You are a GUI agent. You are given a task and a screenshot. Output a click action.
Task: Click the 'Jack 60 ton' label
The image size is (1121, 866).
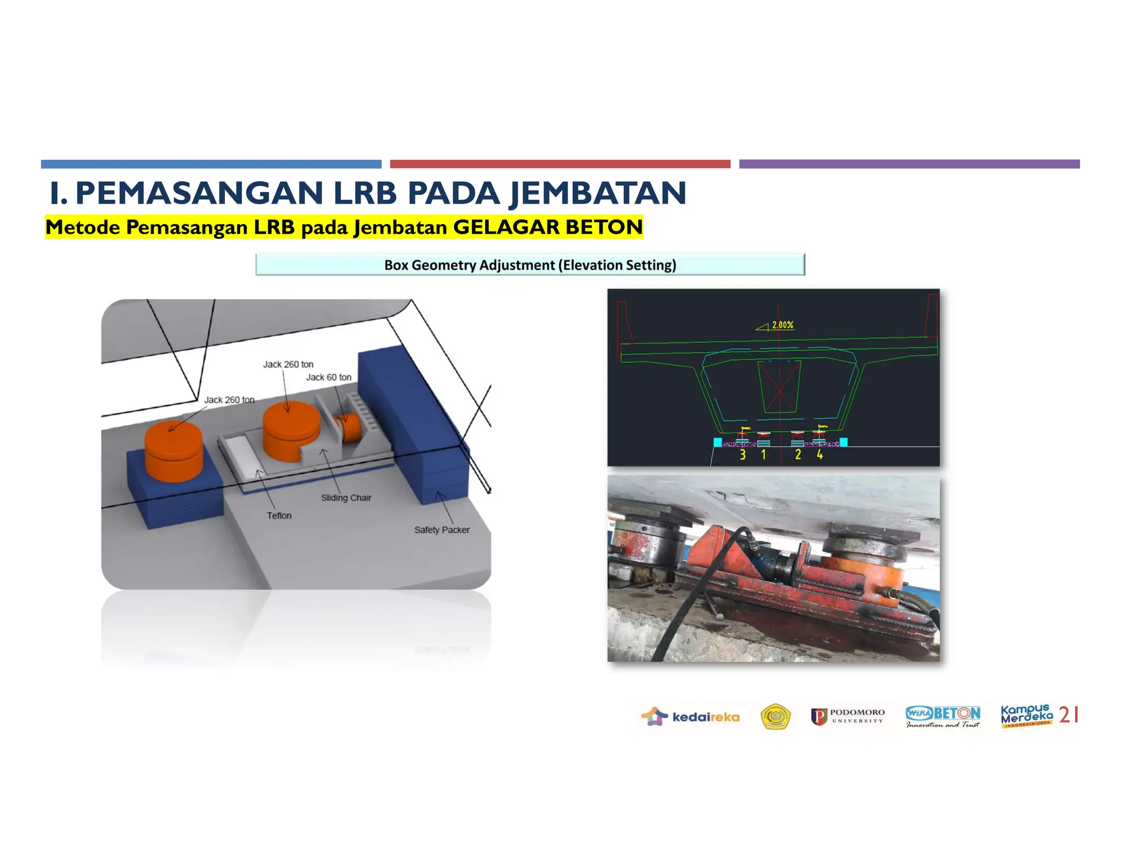click(328, 377)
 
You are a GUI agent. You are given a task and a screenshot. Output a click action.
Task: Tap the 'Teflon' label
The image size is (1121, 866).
click(279, 516)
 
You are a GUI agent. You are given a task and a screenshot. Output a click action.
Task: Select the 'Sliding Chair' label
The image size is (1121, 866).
click(346, 498)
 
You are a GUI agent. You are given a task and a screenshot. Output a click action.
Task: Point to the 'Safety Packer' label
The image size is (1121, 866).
click(442, 530)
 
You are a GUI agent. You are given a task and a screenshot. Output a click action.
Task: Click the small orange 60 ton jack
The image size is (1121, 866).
click(350, 427)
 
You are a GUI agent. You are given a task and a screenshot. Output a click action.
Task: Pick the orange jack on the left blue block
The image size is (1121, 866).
click(174, 451)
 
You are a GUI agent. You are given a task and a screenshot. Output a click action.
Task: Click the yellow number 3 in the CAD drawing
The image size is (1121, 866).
click(743, 454)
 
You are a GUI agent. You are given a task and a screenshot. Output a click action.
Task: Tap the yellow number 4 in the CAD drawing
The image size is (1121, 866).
click(820, 454)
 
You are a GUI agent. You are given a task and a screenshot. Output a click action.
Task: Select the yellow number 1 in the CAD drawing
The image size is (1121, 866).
click(764, 454)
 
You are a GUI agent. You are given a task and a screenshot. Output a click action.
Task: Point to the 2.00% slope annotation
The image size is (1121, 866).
click(782, 325)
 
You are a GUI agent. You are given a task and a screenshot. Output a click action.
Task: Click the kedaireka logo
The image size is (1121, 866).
click(690, 717)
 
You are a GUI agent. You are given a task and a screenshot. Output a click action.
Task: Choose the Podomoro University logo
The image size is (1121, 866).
click(848, 717)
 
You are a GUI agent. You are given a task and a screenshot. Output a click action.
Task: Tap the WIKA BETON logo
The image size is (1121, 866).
click(943, 717)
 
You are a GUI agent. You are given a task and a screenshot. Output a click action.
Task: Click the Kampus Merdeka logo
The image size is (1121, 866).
click(1026, 716)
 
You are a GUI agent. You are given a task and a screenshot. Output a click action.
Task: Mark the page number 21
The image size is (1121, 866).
click(1069, 715)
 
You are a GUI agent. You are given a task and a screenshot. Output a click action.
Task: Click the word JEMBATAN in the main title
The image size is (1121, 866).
click(598, 193)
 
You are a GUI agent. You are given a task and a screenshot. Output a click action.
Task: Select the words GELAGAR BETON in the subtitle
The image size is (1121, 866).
click(548, 227)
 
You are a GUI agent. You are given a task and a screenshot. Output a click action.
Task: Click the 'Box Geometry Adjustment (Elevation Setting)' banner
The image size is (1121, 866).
click(530, 265)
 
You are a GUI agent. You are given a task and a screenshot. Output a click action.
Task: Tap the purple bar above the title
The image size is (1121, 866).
click(909, 164)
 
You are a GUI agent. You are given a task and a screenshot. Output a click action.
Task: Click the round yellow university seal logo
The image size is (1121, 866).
click(776, 717)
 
